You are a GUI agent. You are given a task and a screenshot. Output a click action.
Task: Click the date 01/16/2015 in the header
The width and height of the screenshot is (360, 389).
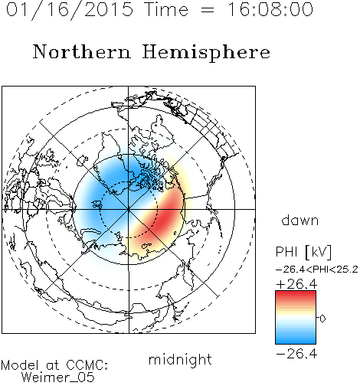click(x=69, y=10)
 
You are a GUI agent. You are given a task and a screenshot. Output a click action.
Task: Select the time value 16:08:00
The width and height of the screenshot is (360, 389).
click(x=270, y=9)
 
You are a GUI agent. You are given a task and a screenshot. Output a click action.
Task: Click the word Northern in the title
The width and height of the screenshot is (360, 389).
click(x=82, y=52)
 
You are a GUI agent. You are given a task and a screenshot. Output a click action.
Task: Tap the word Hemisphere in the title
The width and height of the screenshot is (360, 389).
click(x=206, y=53)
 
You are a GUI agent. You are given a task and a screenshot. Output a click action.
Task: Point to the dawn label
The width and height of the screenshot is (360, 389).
click(x=300, y=220)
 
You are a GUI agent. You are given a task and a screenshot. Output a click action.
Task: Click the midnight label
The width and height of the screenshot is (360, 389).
click(x=180, y=360)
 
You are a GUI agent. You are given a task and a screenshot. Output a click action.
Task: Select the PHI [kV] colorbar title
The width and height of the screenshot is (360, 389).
click(x=303, y=252)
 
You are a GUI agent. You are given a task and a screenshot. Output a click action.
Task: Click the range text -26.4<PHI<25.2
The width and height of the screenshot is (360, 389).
click(x=317, y=270)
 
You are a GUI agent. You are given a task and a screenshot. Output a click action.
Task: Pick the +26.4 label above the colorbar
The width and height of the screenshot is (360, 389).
click(x=296, y=284)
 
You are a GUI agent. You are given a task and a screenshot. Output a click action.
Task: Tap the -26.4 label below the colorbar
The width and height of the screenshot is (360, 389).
click(x=296, y=354)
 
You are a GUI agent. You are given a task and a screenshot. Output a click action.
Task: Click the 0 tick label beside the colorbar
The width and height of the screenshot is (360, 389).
click(x=322, y=319)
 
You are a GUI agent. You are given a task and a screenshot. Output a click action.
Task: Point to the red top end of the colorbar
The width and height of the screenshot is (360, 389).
click(x=296, y=293)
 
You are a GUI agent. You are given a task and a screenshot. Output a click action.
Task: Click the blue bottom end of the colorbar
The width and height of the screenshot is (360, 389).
click(x=296, y=342)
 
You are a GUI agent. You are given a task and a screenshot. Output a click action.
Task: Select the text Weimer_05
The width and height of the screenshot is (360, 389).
click(x=58, y=378)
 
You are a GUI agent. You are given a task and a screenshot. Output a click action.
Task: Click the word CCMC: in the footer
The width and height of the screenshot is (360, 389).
click(x=87, y=365)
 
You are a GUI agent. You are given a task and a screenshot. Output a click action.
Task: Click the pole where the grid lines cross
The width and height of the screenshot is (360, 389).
click(x=129, y=210)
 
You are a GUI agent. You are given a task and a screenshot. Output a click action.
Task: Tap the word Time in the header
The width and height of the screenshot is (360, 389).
click(x=166, y=9)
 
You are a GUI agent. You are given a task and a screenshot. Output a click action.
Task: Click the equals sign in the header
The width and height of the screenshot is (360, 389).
click(x=208, y=10)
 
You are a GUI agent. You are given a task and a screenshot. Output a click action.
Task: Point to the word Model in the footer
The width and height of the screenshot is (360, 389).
click(x=20, y=365)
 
